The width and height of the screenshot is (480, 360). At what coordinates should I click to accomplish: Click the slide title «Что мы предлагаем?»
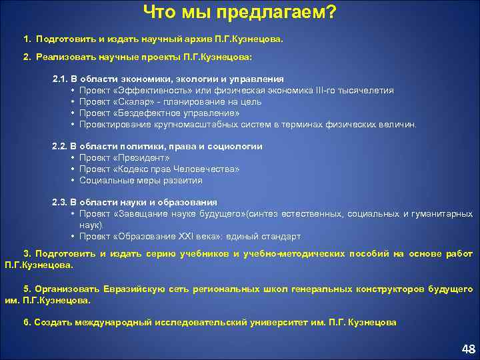coord(240,12)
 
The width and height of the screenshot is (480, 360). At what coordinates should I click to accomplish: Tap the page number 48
coord(468,349)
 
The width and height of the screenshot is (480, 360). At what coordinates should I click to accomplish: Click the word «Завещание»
coord(141,213)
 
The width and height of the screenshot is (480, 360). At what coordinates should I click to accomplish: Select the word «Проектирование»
coord(111,124)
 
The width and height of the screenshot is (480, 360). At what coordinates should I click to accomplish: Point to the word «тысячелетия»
coord(366,90)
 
